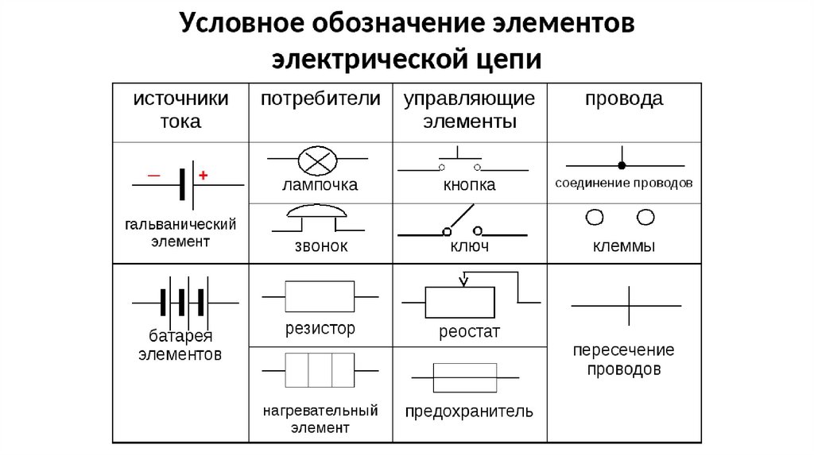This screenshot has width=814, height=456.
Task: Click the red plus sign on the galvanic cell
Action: tap(203, 176)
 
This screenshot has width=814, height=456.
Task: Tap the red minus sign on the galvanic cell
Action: tap(153, 175)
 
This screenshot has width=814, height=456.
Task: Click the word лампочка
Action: tap(320, 186)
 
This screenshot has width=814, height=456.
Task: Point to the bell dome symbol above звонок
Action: tap(316, 212)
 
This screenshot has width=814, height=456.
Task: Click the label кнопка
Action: tap(469, 186)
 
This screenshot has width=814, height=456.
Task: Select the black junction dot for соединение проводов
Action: tap(622, 166)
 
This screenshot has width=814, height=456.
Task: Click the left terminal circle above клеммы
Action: tap(594, 217)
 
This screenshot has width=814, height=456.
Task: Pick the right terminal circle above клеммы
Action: tap(646, 217)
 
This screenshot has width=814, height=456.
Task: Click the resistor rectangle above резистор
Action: tap(320, 296)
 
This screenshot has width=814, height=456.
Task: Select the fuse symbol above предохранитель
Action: tap(465, 377)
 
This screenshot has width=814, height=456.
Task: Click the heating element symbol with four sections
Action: tap(320, 369)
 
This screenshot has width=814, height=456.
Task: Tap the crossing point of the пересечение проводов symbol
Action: tap(629, 305)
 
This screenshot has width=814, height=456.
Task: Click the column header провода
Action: tap(624, 100)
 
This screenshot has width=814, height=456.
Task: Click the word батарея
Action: tap(180, 334)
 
